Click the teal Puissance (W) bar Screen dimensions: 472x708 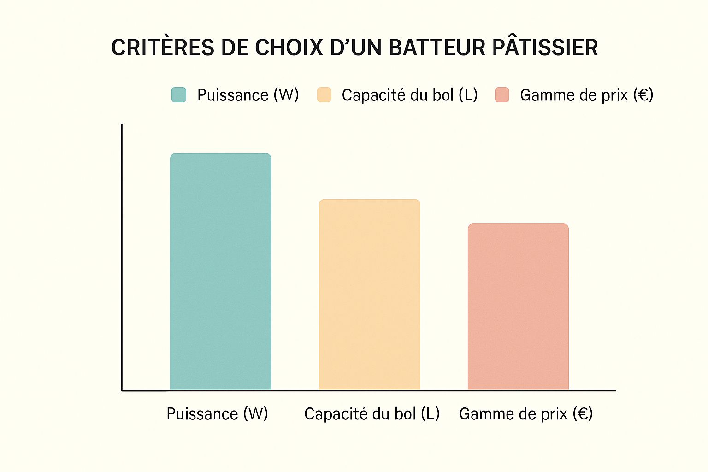[221, 272]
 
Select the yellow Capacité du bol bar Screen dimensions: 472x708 [370, 295]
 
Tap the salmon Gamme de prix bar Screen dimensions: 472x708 [518, 307]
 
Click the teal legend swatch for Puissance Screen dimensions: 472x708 [179, 95]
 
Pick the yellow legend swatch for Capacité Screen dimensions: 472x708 [324, 95]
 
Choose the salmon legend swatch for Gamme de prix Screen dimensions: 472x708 [502, 95]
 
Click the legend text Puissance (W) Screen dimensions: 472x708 [248, 95]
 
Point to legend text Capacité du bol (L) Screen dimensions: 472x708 [409, 95]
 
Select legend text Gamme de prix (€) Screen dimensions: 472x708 [586, 95]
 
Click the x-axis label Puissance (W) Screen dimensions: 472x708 [217, 413]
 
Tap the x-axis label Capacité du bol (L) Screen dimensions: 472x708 [372, 413]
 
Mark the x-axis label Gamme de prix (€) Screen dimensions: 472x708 [526, 413]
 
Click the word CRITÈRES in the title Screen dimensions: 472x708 [163, 48]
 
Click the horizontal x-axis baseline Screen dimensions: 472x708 [369, 390]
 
